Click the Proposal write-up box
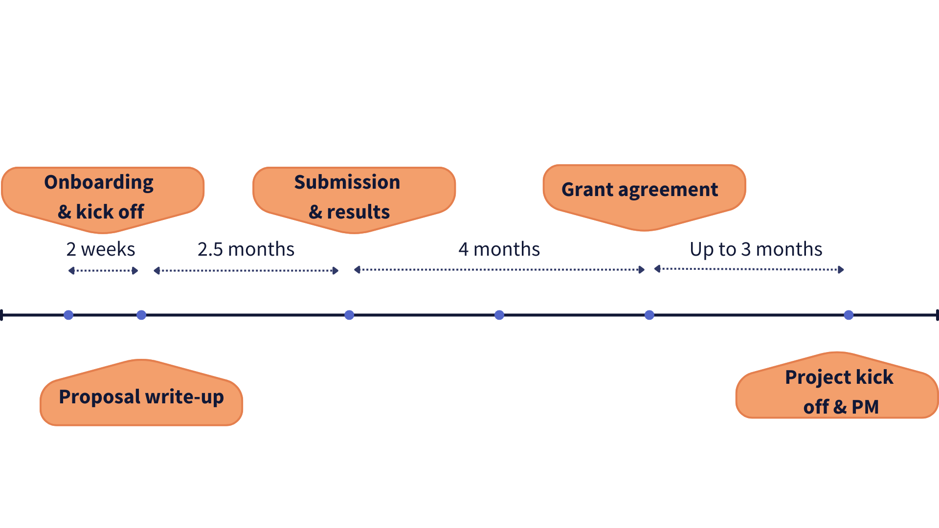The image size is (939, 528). point(141,397)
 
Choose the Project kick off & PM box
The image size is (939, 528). point(837,391)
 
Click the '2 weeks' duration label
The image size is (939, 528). point(101,249)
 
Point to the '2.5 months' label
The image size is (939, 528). point(246,249)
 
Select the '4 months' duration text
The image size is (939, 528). point(499,249)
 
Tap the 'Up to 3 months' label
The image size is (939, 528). point(756,249)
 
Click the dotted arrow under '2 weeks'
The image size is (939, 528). point(103,270)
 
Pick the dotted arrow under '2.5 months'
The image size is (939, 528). point(246,270)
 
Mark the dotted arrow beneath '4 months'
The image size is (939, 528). point(499,269)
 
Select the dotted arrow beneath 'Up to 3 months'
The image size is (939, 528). point(749,269)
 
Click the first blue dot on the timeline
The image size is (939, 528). point(68,315)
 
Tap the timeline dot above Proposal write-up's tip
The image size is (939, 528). point(141,315)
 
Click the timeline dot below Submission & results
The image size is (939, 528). point(349,315)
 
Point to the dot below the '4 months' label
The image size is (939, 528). point(499,315)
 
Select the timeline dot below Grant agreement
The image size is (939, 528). point(649,315)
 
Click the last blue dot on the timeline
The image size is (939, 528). point(849,315)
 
